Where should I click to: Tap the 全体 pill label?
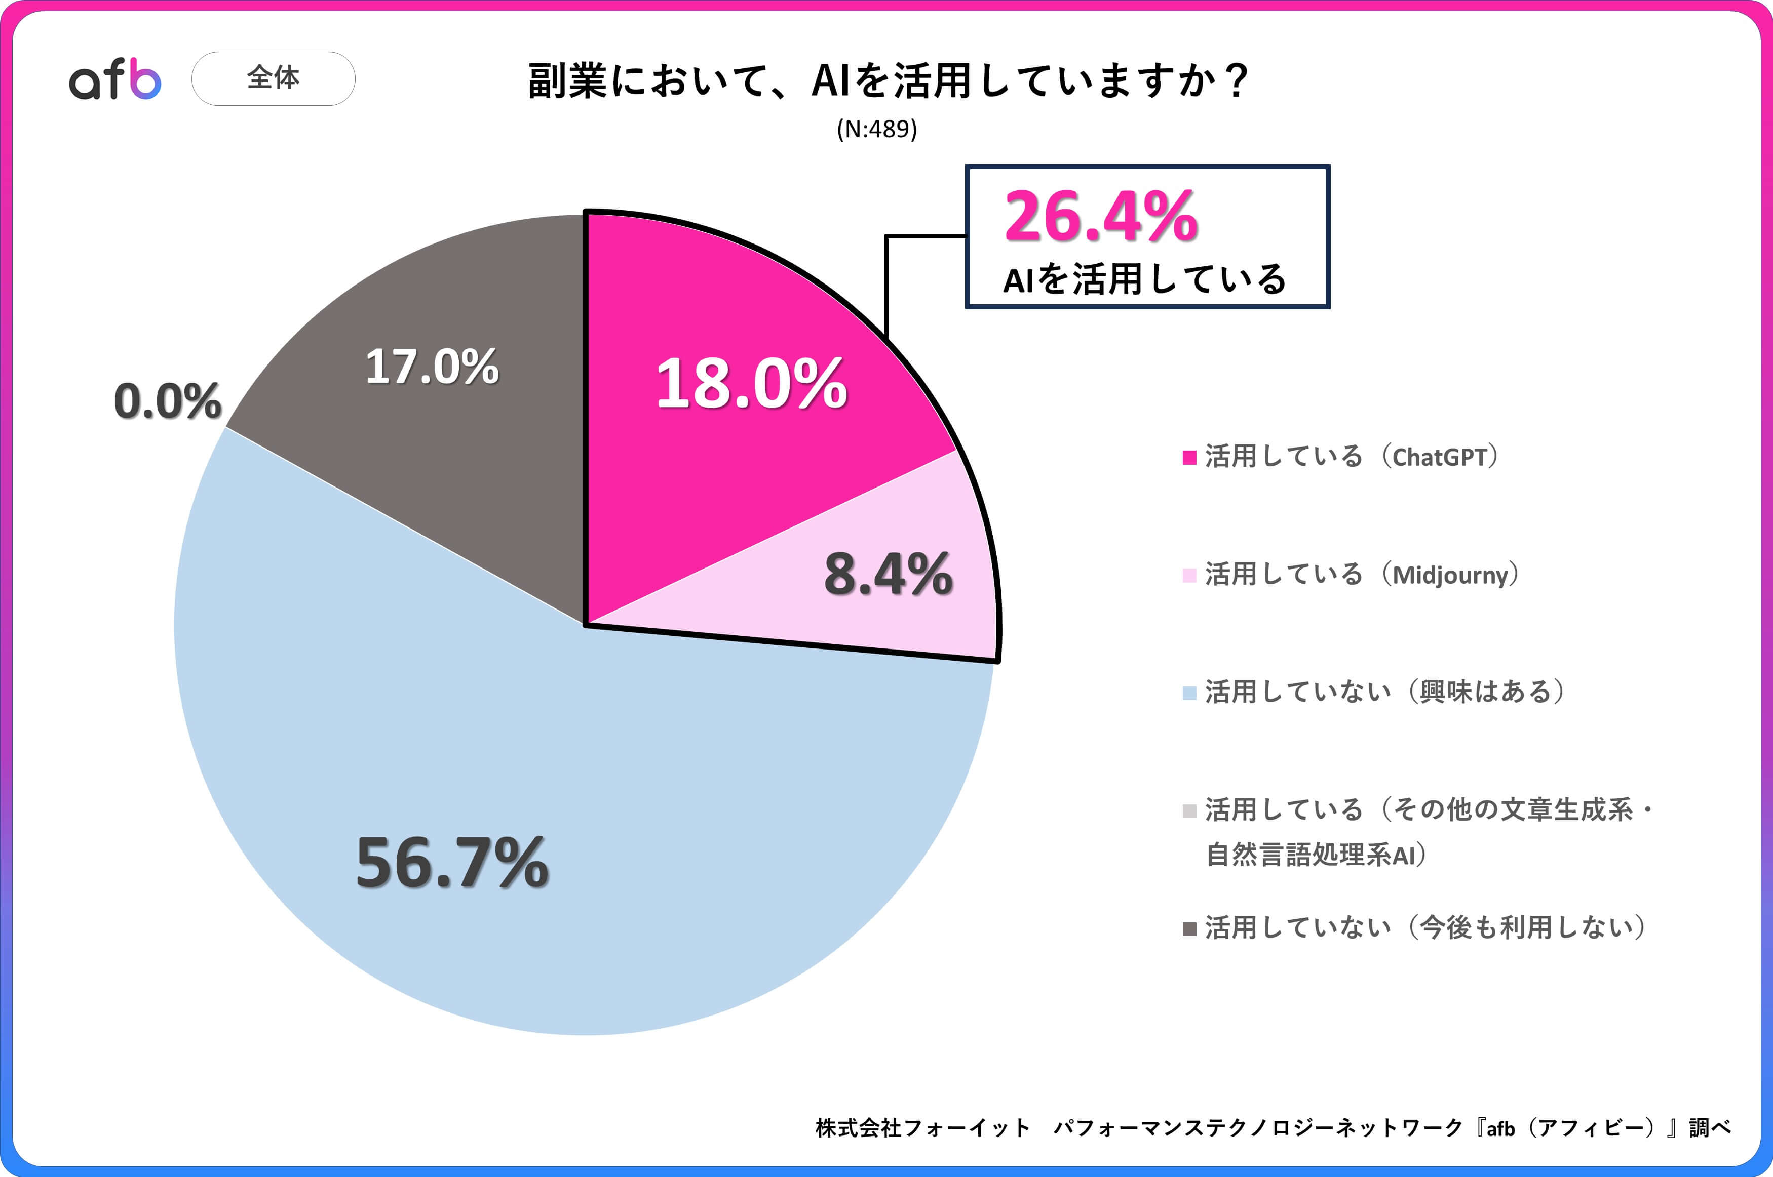[x=274, y=78]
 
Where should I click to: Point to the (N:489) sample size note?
[x=876, y=129]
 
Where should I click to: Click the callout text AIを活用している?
[x=1144, y=279]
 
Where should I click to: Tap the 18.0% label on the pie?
[x=751, y=384]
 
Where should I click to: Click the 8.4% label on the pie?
[x=888, y=574]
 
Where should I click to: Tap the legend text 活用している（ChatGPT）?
[x=1352, y=457]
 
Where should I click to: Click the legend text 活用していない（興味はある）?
[x=1385, y=692]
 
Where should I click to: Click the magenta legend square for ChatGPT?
[x=1189, y=457]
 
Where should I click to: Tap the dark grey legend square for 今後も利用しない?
[x=1189, y=929]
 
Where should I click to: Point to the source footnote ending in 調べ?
[x=1273, y=1127]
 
